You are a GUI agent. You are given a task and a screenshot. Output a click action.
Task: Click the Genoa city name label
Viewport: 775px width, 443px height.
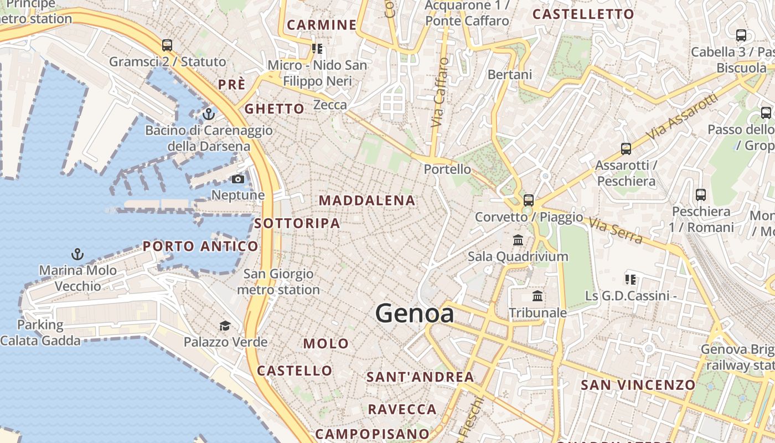click(415, 313)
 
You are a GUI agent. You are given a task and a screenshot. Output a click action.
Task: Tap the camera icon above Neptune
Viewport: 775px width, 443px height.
click(237, 179)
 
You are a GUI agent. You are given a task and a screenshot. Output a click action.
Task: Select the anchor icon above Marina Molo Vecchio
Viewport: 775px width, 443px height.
click(77, 254)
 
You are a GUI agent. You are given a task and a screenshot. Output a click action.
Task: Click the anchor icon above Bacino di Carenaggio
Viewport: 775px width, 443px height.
click(208, 114)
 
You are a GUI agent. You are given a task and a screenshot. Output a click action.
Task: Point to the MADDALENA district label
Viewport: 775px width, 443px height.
click(367, 200)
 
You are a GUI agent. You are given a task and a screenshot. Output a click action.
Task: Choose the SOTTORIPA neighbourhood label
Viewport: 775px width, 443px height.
click(297, 223)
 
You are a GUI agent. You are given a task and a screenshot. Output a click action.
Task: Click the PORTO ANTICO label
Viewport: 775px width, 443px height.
click(200, 246)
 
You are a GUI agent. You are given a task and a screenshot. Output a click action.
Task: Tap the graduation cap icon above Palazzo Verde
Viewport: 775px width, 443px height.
click(225, 326)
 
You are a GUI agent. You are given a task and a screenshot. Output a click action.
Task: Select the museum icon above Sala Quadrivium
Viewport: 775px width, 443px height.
click(518, 240)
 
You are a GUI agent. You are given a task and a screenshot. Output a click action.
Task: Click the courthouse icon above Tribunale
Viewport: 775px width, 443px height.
click(537, 296)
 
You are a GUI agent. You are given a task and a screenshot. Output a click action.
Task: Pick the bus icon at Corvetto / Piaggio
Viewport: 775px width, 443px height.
click(529, 200)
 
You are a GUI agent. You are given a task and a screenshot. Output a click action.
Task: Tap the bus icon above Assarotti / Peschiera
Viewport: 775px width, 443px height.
click(626, 148)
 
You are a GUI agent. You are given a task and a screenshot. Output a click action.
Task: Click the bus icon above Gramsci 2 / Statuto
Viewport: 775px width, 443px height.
click(167, 45)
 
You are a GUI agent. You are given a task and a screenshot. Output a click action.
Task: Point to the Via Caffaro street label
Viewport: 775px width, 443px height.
click(438, 92)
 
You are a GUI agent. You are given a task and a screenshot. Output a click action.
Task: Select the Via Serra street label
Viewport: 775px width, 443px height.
click(616, 231)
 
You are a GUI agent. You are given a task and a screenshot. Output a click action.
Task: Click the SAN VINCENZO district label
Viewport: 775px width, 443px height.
click(638, 384)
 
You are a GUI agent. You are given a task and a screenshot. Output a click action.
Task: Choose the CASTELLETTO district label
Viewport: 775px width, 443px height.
click(583, 14)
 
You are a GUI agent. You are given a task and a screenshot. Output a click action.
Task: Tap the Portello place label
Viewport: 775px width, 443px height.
click(447, 169)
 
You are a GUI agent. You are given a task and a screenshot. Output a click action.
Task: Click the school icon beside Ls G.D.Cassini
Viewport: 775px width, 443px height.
click(630, 279)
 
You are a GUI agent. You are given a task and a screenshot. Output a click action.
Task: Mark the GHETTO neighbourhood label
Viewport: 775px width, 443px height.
click(275, 109)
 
